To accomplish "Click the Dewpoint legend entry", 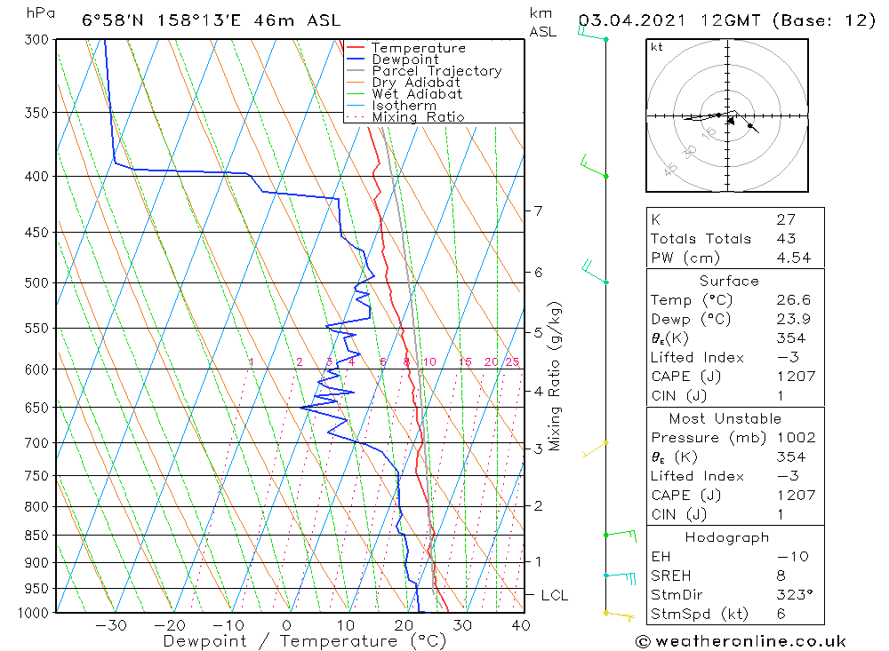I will tap(404, 60).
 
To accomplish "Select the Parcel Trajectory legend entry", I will tap(436, 71).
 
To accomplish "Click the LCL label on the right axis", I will tap(554, 595).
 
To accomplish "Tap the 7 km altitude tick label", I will tap(538, 211).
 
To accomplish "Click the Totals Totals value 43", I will tap(786, 239).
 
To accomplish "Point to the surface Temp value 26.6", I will tap(793, 300).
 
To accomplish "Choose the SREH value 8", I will tap(780, 576).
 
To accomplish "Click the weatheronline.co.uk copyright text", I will tap(740, 641).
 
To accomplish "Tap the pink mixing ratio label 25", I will tap(512, 361).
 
